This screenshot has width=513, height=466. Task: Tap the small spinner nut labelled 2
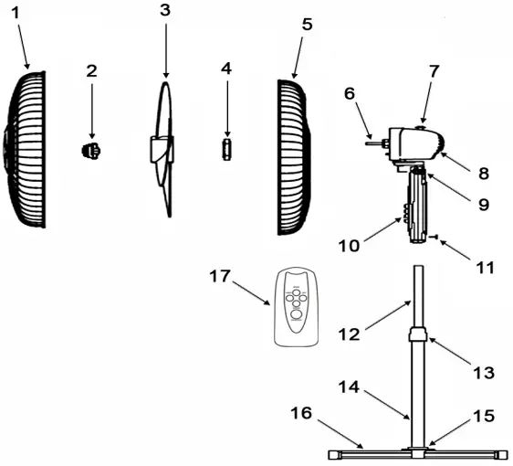tap(91, 149)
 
